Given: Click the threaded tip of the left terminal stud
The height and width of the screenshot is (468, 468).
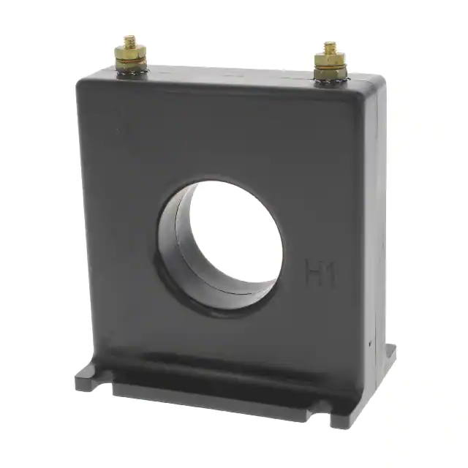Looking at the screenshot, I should pos(129,40).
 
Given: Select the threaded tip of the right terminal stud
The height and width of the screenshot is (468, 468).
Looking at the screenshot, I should pos(330,48).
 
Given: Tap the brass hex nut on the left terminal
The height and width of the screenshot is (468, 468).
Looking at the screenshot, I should pos(130,54).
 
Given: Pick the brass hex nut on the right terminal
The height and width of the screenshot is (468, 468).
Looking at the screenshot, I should pos(330,61).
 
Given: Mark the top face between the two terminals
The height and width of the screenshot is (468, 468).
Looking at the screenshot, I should pos(230,74).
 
